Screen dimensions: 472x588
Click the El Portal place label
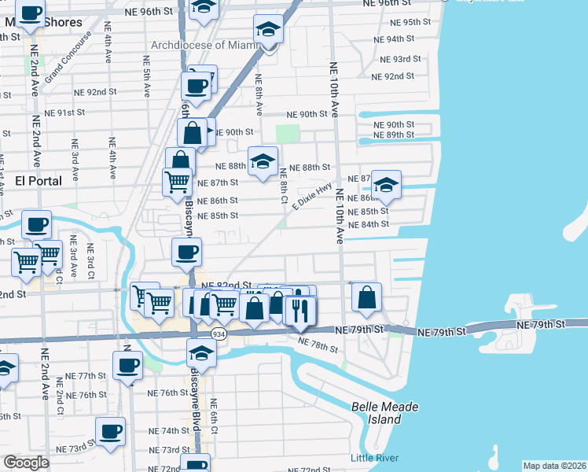(39, 181)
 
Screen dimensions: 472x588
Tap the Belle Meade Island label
(384, 412)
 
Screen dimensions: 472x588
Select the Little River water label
(374, 458)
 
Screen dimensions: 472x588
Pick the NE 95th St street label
(410, 22)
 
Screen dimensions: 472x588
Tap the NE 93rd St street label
(401, 59)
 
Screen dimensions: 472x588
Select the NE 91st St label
(64, 112)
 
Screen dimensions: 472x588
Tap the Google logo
(26, 463)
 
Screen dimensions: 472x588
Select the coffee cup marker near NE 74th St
(110, 430)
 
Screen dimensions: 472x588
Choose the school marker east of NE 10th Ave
(386, 185)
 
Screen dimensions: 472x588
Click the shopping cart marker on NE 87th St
(177, 181)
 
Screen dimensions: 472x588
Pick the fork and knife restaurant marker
(301, 311)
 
